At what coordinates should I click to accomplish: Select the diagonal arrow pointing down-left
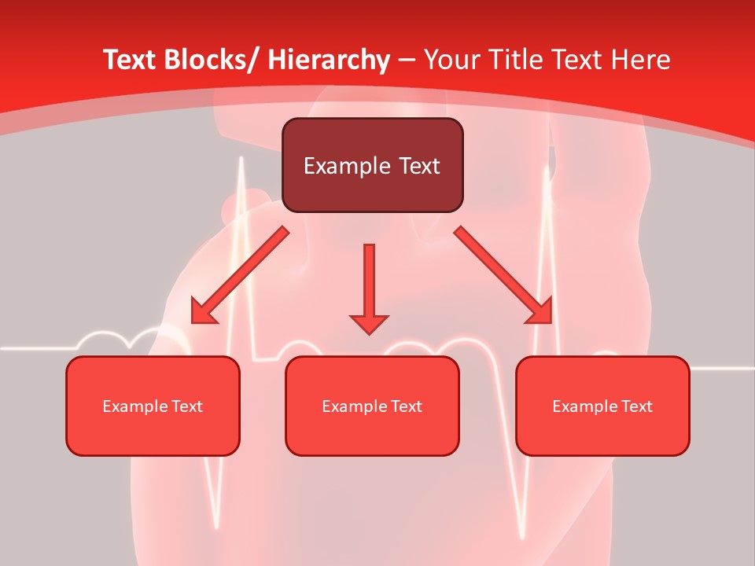click(240, 275)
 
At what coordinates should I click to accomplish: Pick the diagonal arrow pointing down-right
click(503, 275)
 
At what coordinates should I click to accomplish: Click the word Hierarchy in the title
click(329, 60)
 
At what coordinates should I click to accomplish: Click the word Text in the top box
click(419, 166)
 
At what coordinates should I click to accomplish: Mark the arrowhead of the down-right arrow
click(541, 313)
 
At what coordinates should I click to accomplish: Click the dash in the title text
click(407, 60)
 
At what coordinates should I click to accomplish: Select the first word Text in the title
click(131, 60)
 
